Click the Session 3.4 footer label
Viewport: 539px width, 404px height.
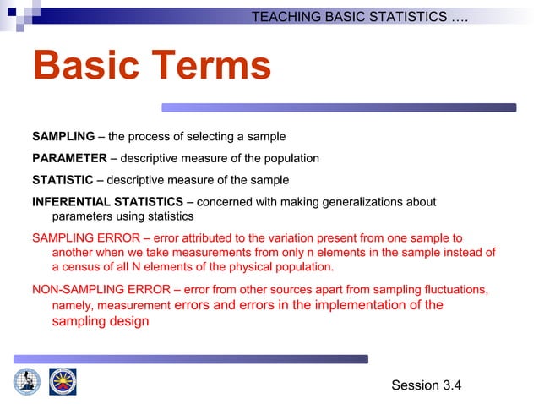[x=427, y=385]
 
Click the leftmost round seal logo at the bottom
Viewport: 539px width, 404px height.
[x=26, y=381]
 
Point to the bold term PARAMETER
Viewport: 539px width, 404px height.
[x=69, y=158]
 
